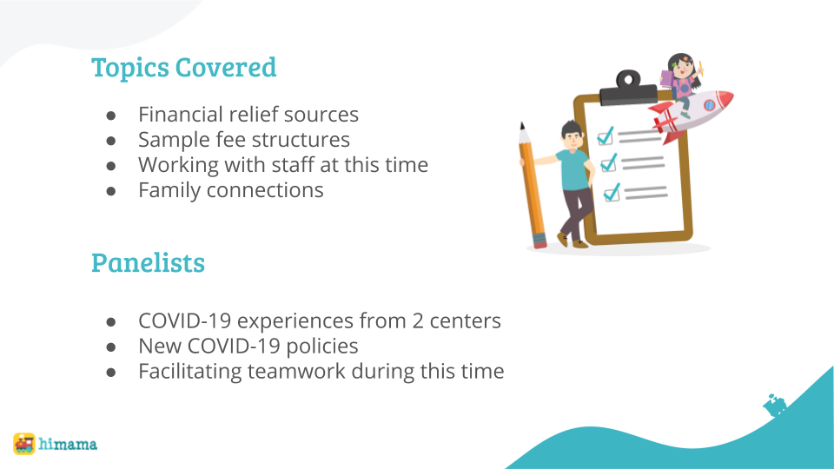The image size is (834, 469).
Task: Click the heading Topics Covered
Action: coord(183,68)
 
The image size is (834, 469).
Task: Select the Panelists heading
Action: coord(148,262)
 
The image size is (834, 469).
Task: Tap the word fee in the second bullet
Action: coord(229,139)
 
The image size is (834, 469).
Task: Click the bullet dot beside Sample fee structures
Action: coord(111,141)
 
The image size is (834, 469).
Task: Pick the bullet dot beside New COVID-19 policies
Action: coord(111,347)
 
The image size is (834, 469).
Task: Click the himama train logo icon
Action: coord(24,444)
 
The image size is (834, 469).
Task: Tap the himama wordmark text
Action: coord(68,444)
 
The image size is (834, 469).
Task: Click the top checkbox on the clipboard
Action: coord(606,136)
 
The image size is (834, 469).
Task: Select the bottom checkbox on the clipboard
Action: coord(612,193)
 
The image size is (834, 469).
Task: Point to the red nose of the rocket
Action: coord(725,98)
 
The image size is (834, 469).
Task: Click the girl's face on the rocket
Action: coord(682,68)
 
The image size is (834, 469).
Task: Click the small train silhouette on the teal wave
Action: coord(775,406)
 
